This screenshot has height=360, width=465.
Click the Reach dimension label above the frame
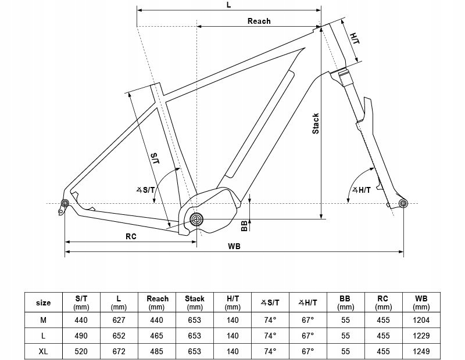pos(259,21)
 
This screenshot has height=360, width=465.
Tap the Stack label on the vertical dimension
pos(316,124)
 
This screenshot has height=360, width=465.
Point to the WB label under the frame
pos(234,246)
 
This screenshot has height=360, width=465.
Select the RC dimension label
pos(131,236)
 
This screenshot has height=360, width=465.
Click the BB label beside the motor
pos(244,226)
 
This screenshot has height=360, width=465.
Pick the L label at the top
pos(228,5)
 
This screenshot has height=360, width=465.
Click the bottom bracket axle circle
pos(196,219)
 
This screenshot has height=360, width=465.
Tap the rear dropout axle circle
pos(65,203)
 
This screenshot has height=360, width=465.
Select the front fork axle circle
pos(403,203)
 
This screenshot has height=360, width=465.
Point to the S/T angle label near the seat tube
pos(146,190)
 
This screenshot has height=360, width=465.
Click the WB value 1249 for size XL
pos(421,351)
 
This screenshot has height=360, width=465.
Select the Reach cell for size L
pos(156,336)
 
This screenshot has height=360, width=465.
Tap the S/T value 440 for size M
pos(81,320)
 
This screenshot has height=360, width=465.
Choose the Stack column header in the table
pos(195,298)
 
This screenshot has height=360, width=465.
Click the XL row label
pos(43,351)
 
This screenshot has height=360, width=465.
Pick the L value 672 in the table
pos(119,351)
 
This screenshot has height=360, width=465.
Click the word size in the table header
pos(43,303)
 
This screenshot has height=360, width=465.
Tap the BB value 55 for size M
pos(345,320)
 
